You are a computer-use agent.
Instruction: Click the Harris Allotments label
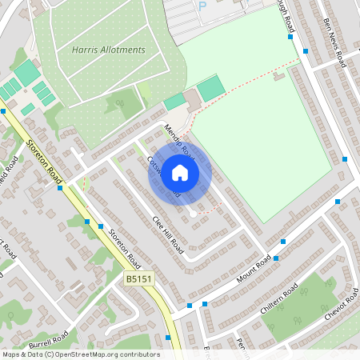(x=109, y=50)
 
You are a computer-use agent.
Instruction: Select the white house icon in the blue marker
(x=180, y=173)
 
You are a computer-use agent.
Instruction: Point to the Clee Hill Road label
(x=168, y=233)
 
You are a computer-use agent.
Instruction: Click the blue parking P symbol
(x=202, y=6)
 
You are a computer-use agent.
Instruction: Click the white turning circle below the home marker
(x=192, y=214)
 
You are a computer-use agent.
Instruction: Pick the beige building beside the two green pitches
(x=192, y=101)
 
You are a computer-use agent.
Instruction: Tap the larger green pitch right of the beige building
(x=211, y=88)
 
